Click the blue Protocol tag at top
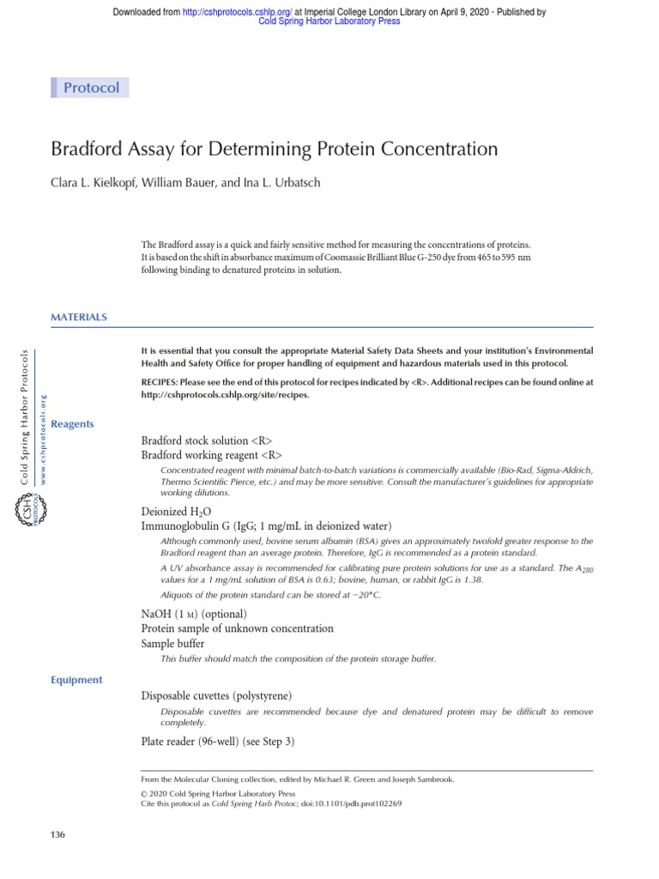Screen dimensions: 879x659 tap(91, 88)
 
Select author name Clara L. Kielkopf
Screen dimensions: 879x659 tap(94, 182)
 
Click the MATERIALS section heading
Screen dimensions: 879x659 tap(79, 317)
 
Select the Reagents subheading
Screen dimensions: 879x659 tap(73, 424)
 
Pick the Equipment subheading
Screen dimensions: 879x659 tap(77, 679)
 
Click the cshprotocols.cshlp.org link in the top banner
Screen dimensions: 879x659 tap(235, 12)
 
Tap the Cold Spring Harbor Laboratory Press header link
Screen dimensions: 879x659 tap(329, 22)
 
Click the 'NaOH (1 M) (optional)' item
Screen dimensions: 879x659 tap(193, 614)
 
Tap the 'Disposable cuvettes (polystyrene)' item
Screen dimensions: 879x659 tap(221, 695)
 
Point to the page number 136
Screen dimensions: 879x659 tap(58, 834)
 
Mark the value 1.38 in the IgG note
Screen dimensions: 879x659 tap(472, 579)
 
